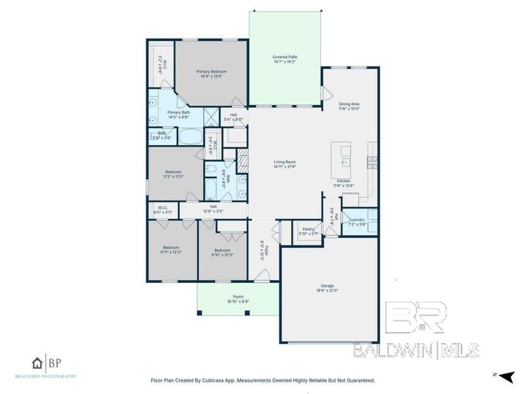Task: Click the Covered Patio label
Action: (x=285, y=57)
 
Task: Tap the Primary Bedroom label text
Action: (x=211, y=71)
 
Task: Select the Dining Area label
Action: (x=349, y=103)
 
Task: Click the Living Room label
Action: (x=285, y=162)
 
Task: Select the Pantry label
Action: (x=307, y=229)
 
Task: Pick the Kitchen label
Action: (x=344, y=181)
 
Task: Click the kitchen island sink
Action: (x=345, y=162)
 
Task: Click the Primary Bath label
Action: (x=178, y=112)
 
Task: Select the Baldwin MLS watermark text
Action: (x=416, y=350)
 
